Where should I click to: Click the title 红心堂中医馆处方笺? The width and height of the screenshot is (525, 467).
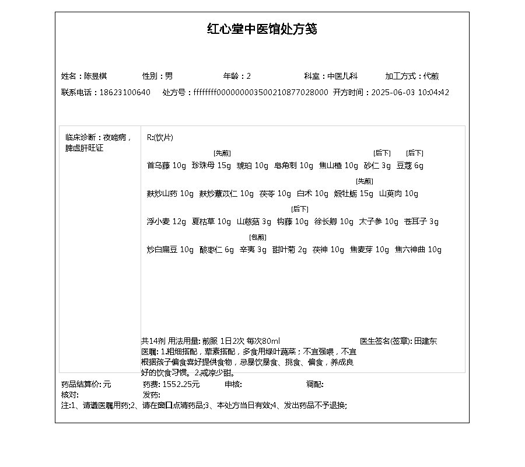262,29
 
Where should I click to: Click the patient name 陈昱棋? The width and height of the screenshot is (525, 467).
96,76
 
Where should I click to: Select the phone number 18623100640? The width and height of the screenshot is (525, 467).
125,92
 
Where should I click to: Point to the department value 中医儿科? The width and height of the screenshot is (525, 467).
342,76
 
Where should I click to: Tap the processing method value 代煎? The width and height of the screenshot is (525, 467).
432,76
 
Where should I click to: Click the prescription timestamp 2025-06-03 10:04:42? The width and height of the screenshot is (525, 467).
410,92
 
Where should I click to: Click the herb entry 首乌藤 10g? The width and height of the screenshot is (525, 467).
166,166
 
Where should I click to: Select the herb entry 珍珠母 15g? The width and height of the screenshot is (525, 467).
211,166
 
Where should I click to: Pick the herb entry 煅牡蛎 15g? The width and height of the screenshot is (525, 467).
353,194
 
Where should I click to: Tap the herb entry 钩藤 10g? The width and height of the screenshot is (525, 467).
293,222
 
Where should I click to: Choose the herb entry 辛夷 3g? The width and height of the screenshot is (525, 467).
253,250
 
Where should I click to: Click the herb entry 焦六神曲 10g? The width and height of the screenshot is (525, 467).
418,250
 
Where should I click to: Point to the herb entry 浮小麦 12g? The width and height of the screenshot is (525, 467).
166,222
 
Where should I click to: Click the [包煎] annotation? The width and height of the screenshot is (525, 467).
258,237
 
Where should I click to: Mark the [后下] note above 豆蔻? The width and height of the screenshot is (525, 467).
415,153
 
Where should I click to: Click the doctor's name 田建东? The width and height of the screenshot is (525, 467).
425,341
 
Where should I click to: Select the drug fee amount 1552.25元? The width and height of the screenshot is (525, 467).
181,384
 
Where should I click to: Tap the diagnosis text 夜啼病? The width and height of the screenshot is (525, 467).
115,138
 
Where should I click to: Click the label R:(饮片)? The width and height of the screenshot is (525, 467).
160,138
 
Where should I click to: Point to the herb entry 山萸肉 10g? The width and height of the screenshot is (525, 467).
399,194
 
